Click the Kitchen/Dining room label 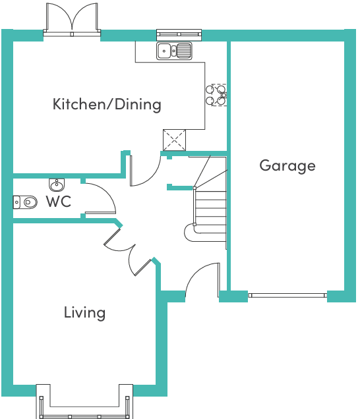[107, 104]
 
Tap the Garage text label [287, 165]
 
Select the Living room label [84, 312]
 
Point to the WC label [58, 202]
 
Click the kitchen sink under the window [174, 50]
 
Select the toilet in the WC [25, 202]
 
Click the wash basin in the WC [57, 184]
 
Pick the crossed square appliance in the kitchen [175, 140]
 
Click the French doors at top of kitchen [72, 18]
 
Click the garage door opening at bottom [287, 295]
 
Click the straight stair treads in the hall [210, 208]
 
